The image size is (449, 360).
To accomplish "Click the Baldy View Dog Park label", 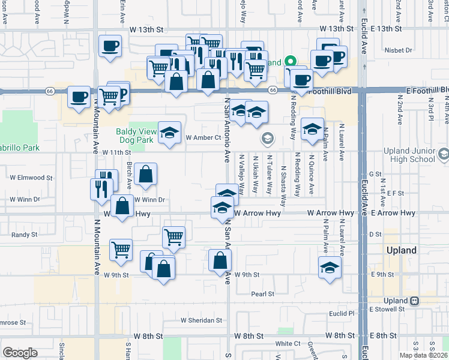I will [x=136, y=135].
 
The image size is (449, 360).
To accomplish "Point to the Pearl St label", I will [x=262, y=294].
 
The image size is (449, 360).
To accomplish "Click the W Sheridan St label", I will [x=202, y=320].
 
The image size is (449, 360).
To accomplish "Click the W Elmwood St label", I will [x=31, y=178].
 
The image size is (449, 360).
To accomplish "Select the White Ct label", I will [x=288, y=344].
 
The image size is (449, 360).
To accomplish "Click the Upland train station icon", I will [x=415, y=300].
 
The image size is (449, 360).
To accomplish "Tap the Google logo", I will [x=20, y=353].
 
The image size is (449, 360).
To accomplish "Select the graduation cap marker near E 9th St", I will [x=330, y=267].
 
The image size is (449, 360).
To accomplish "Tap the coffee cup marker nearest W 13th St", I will [x=110, y=47].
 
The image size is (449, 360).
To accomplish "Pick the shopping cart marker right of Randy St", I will [x=173, y=236].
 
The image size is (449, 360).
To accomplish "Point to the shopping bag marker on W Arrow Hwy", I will [x=122, y=206].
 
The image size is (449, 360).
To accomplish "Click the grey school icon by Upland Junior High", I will [x=443, y=154].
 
